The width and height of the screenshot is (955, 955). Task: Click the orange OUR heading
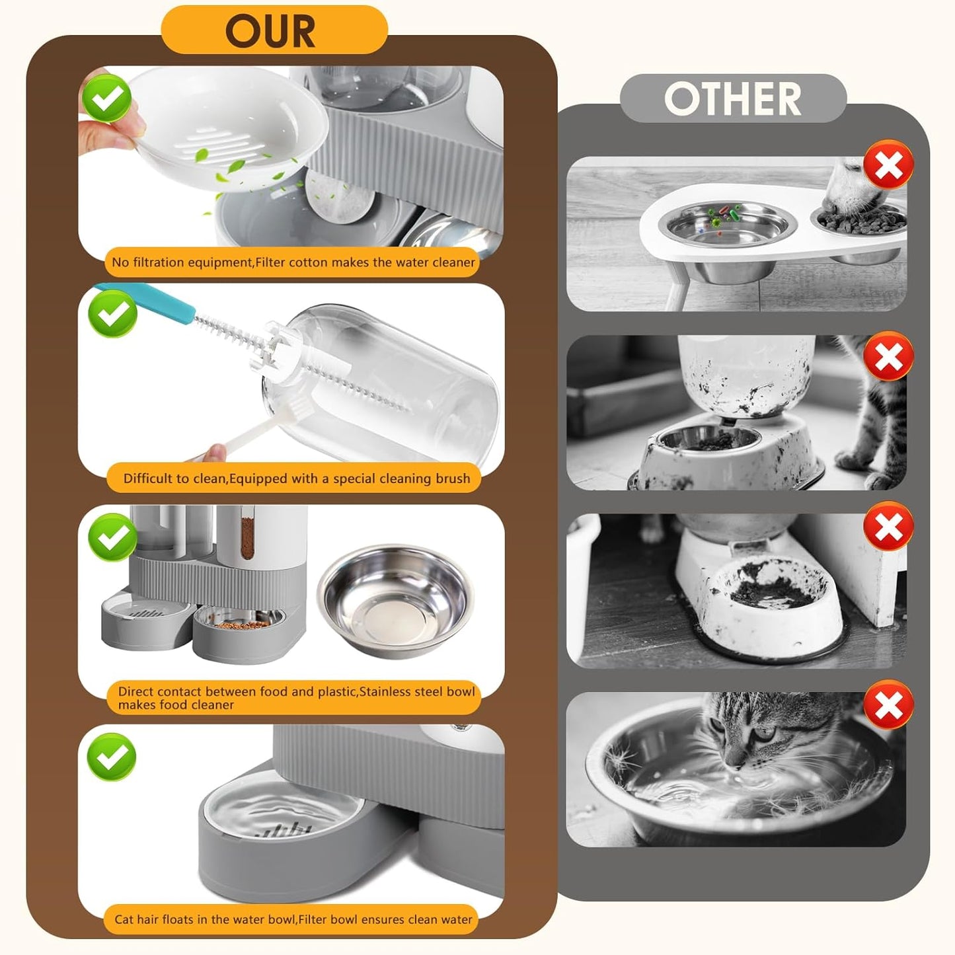coord(271,31)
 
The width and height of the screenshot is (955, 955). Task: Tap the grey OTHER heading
coord(732,99)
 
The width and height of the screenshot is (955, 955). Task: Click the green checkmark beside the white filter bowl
coord(107,98)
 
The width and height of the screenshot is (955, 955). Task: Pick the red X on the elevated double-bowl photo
coord(888,165)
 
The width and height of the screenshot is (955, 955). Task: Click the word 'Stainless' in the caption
coord(385,692)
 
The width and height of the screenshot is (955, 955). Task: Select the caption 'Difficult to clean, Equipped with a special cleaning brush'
coord(296,478)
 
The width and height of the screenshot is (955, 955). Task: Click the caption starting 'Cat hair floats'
coord(293,919)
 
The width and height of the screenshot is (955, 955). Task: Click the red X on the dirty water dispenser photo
coord(888,357)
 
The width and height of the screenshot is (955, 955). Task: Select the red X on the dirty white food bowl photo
coord(888,527)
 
